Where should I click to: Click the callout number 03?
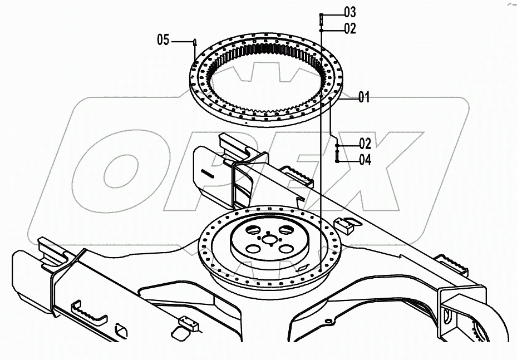349,12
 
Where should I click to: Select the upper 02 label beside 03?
349,28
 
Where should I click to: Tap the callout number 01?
363,98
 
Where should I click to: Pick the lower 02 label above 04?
365,144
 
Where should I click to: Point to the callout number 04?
365,160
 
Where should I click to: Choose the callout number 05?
163,40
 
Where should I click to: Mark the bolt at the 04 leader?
337,155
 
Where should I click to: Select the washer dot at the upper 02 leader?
321,29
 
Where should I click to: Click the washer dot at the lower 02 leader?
337,145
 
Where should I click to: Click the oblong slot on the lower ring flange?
303,269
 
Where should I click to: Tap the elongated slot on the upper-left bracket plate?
208,174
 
